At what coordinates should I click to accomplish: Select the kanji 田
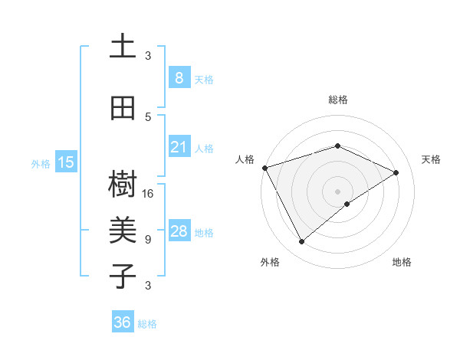123,107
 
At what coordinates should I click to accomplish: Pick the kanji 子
123,275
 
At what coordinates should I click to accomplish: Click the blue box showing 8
179,78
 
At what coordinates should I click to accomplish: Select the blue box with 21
179,147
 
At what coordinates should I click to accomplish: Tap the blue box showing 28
179,231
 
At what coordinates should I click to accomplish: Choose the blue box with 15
66,162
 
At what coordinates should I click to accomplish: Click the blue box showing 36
123,322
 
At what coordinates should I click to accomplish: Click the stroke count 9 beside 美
148,240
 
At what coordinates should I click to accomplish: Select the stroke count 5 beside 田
148,117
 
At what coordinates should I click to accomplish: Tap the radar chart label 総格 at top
337,100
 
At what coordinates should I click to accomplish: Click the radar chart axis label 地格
402,263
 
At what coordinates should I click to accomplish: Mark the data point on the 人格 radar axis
264,168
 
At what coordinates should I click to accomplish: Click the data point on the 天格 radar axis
396,172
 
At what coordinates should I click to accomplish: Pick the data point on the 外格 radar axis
301,242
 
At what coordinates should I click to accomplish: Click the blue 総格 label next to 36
147,324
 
